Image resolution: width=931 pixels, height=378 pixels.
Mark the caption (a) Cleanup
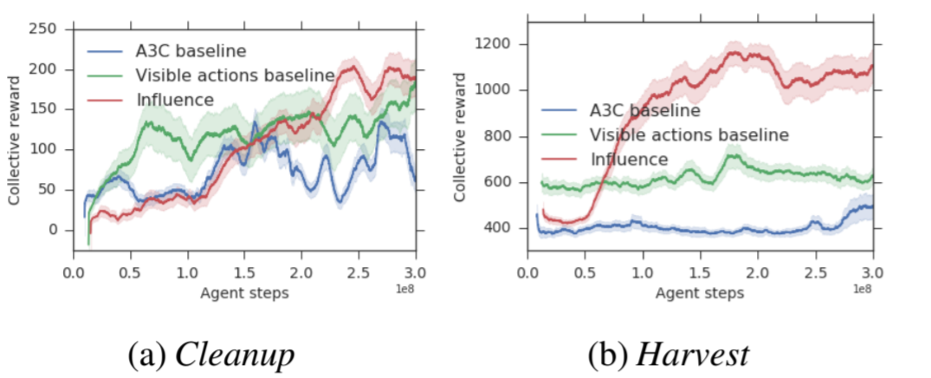(210, 354)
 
